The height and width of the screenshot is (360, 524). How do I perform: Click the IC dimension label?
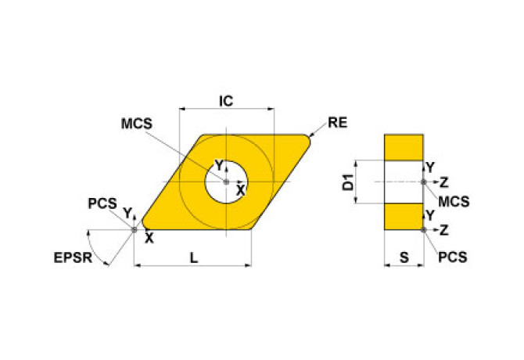(x=226, y=101)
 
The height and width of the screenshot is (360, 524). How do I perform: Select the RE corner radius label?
(x=338, y=122)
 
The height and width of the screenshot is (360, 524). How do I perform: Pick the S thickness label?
(x=404, y=256)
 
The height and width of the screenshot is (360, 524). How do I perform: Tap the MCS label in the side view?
(x=454, y=201)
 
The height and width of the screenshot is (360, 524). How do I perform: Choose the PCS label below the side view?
(x=453, y=256)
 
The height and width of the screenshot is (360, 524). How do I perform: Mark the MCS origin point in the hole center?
(x=226, y=182)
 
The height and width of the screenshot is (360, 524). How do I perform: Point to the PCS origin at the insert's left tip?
(x=135, y=229)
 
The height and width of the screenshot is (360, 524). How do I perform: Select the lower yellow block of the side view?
(x=404, y=216)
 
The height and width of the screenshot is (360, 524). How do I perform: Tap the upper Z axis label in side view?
(x=444, y=182)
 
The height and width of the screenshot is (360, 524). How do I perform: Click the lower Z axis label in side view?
(x=444, y=229)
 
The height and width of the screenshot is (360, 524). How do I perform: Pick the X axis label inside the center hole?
(x=241, y=189)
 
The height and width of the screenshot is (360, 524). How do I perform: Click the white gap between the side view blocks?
(x=404, y=182)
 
